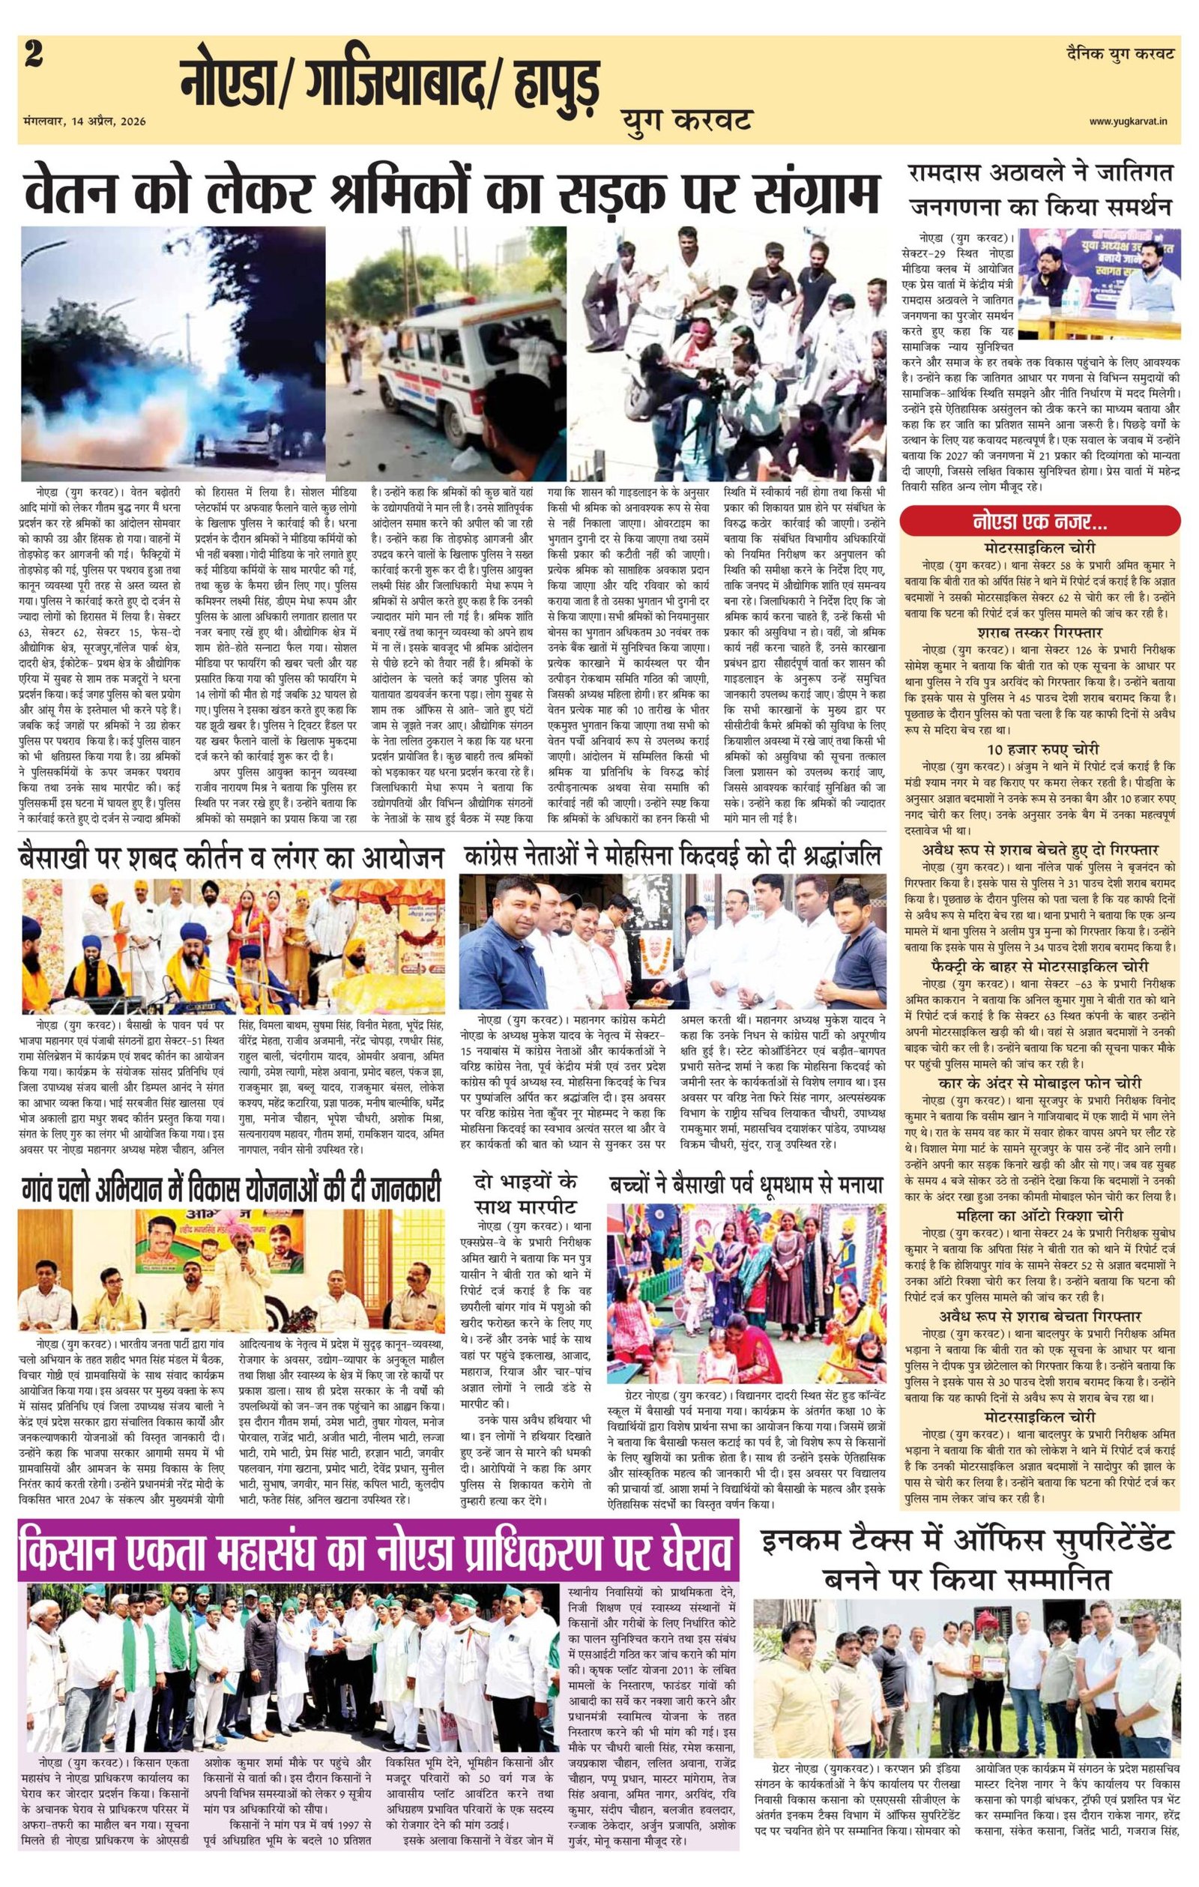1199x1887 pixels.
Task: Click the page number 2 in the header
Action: click(34, 57)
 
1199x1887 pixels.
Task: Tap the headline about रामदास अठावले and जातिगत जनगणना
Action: click(1040, 190)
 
